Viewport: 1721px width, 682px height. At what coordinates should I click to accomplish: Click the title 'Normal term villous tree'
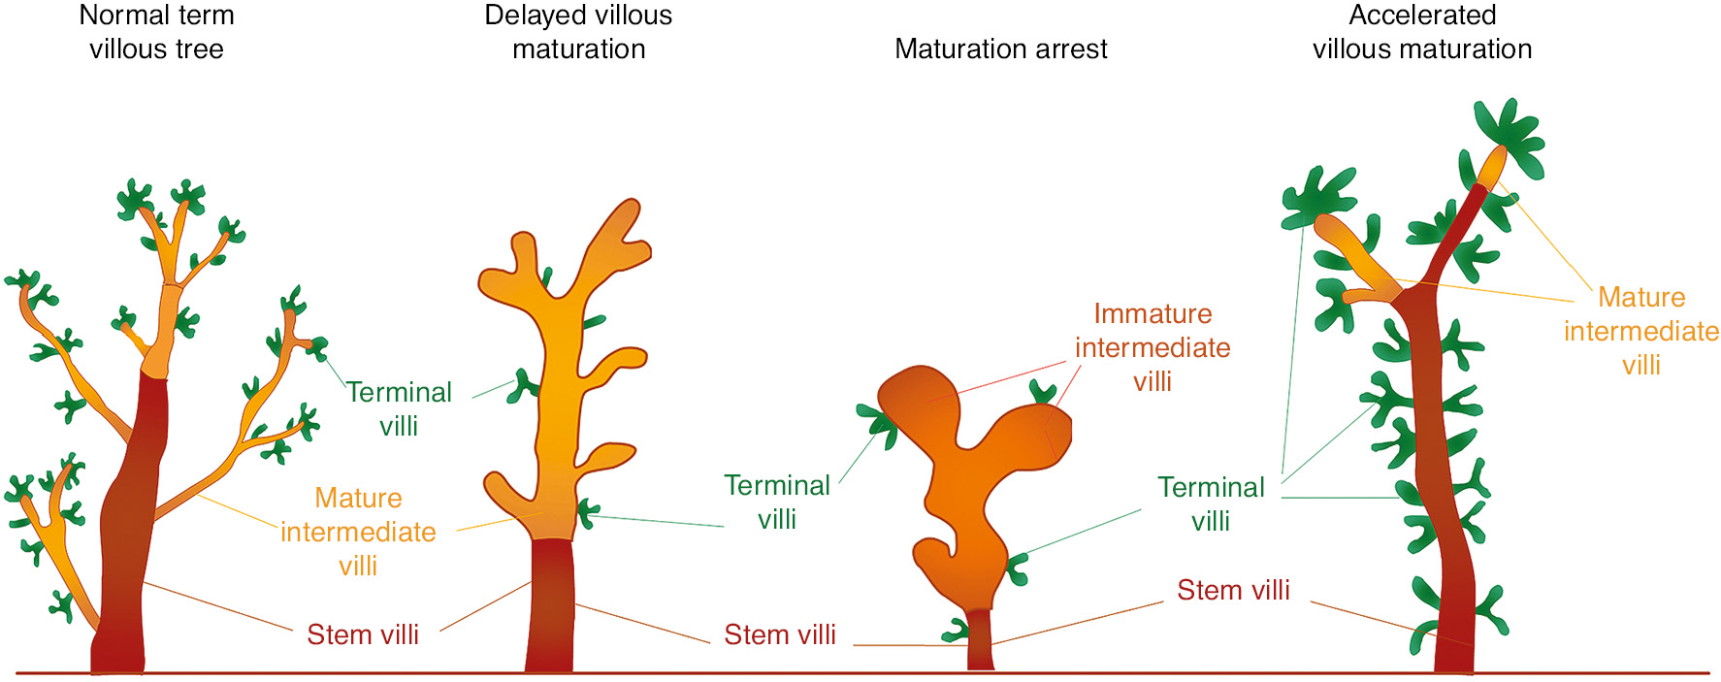(x=156, y=32)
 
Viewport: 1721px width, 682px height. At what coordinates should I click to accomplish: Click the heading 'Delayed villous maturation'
(x=578, y=32)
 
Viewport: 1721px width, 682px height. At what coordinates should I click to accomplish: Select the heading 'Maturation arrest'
(x=1000, y=49)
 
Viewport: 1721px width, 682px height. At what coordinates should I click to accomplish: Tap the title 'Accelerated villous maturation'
(x=1422, y=32)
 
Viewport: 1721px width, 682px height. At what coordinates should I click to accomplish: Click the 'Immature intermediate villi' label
(x=1153, y=347)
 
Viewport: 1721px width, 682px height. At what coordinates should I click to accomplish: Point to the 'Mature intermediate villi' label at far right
(x=1640, y=331)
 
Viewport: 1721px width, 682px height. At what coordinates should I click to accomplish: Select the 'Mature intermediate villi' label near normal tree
(x=358, y=532)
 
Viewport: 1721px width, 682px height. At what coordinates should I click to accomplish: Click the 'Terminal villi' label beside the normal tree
(x=399, y=408)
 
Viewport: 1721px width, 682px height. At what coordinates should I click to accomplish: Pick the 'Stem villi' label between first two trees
(x=363, y=634)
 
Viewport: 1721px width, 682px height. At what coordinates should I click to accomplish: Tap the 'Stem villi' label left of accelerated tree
(x=1233, y=590)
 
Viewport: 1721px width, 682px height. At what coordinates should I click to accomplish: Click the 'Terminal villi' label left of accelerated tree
(x=1211, y=503)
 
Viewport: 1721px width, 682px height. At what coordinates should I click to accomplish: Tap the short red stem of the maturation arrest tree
(x=981, y=640)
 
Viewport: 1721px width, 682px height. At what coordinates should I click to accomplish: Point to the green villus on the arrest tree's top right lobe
(x=1043, y=392)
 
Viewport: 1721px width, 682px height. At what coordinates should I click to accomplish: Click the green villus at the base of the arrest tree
(x=957, y=631)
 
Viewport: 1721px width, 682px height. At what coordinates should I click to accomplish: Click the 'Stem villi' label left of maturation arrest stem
(x=779, y=634)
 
